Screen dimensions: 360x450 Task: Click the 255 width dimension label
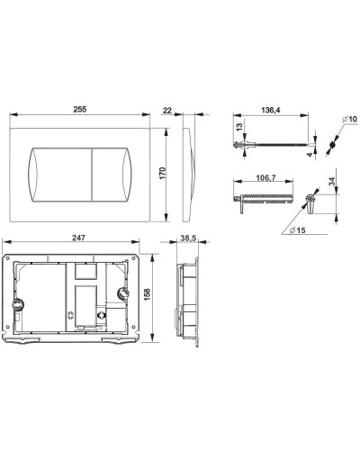[x=80, y=109]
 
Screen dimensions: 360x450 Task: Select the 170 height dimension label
[x=162, y=174]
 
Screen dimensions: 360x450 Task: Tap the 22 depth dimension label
[x=166, y=111]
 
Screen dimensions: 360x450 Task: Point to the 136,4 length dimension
[x=271, y=110]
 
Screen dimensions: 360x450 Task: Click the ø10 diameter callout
[x=349, y=119]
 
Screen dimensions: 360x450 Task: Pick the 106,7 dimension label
[x=265, y=177]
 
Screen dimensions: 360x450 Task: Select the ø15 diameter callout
[x=298, y=230]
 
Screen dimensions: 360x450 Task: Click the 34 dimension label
[x=332, y=182]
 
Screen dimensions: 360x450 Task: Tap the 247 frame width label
[x=78, y=238]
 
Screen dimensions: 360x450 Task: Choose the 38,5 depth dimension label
[x=188, y=238]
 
